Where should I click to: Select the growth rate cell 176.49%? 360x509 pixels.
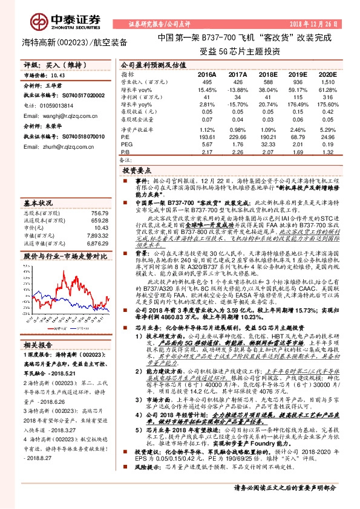point(289,104)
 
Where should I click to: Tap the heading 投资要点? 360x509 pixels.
point(136,172)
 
